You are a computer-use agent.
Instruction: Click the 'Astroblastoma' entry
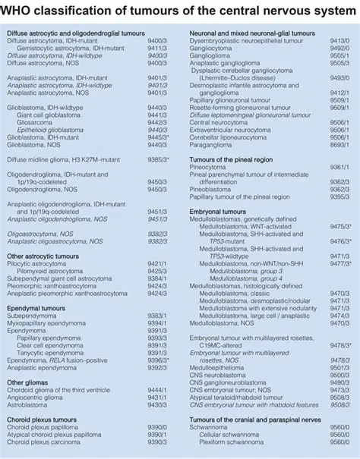tap(30, 402)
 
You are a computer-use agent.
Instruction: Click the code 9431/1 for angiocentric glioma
tap(157, 395)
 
